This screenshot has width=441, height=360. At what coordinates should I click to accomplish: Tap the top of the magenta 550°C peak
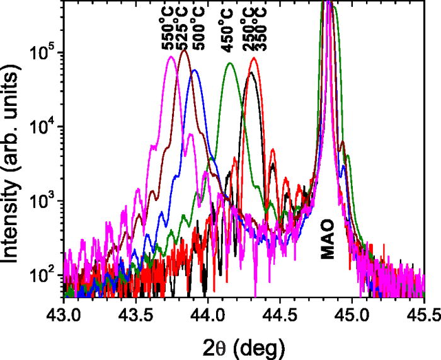(171, 57)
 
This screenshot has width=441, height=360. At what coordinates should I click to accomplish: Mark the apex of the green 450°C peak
(230, 63)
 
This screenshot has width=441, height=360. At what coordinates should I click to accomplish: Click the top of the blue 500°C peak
(195, 70)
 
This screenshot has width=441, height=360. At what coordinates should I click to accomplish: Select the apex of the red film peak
(253, 58)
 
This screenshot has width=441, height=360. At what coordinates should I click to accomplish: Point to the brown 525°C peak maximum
(184, 50)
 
